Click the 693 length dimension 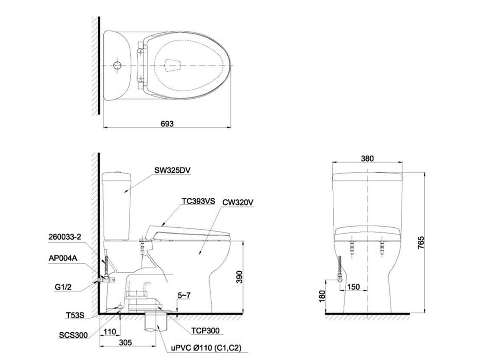tap(167, 124)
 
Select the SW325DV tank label tap(172, 170)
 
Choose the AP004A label tap(62, 258)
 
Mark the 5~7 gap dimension tap(184, 296)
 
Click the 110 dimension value tap(109, 332)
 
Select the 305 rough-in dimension tap(126, 343)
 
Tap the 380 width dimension tap(367, 158)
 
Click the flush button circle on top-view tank tap(117, 65)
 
